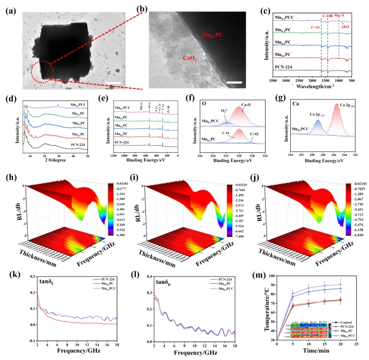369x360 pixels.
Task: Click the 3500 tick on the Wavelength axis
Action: [x=272, y=80]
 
